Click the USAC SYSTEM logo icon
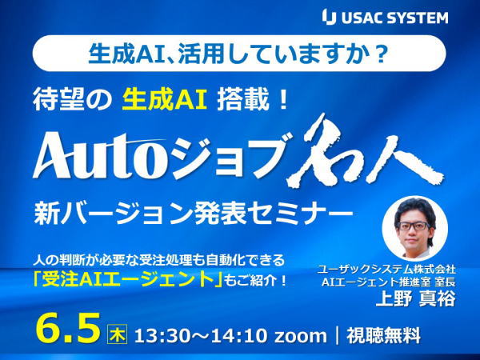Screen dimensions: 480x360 coord(329,17)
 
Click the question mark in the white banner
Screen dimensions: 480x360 coord(381,54)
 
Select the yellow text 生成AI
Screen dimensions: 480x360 coord(164,101)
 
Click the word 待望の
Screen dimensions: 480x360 coord(72,101)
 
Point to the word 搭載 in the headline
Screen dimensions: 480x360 coord(242,101)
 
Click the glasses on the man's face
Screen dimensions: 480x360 coord(413,226)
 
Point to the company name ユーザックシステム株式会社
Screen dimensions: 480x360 coord(386,270)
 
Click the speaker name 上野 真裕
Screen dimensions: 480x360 coord(415,298)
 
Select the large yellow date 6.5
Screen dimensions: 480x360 coord(68,328)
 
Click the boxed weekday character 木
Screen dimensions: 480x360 coord(118,335)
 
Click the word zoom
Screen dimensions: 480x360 coord(300,337)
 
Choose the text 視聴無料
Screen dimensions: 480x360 coord(383,335)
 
